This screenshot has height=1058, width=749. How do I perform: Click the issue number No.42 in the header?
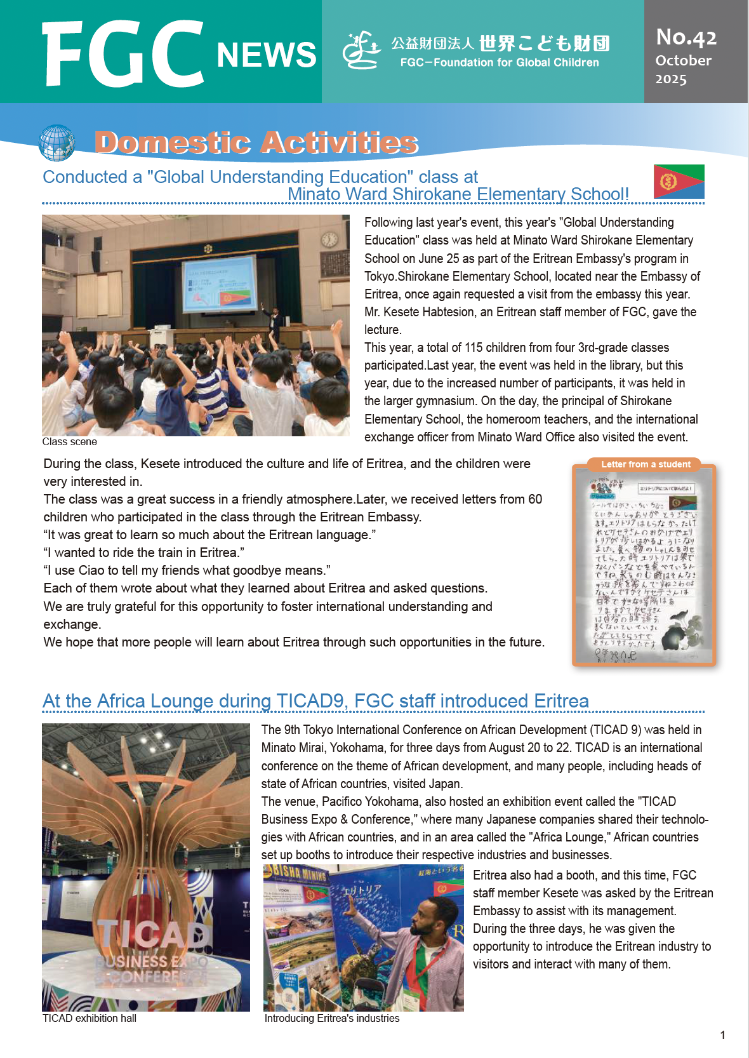[x=686, y=37]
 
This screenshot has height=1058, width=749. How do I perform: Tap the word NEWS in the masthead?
[x=266, y=55]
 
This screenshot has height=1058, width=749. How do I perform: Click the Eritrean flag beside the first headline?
[x=679, y=182]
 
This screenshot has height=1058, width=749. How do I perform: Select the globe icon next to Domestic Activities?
[x=56, y=142]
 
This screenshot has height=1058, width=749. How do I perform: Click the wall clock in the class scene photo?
[x=329, y=239]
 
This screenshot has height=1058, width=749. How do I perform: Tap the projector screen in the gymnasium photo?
[x=220, y=284]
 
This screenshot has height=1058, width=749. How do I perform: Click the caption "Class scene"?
[x=70, y=442]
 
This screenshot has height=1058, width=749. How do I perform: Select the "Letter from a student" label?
[x=646, y=464]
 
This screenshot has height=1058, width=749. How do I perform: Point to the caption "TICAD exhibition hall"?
[x=89, y=1019]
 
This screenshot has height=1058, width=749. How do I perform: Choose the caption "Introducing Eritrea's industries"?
[x=332, y=1019]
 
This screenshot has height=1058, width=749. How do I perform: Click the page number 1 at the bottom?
[x=722, y=1035]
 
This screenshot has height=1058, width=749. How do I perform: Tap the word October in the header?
[x=683, y=60]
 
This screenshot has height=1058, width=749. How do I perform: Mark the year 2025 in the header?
[x=671, y=79]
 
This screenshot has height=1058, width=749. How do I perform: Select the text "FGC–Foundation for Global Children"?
[x=500, y=62]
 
